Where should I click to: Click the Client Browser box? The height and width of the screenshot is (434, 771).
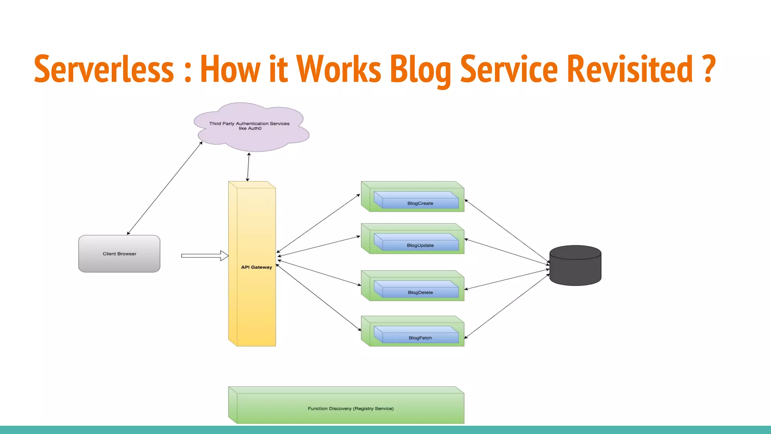(119, 254)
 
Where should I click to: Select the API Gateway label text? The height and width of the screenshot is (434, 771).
(256, 267)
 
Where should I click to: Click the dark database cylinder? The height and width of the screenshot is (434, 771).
(575, 266)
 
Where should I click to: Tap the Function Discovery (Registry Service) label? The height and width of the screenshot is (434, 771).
(350, 408)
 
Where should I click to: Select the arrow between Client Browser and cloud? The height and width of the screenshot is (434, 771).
(165, 188)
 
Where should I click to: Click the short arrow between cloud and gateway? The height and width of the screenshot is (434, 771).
(248, 167)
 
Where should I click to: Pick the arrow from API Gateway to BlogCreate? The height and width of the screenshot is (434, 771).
(318, 223)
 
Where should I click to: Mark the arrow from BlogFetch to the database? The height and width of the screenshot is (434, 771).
(507, 306)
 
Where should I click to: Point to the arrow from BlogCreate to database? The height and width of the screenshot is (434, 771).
(507, 231)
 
